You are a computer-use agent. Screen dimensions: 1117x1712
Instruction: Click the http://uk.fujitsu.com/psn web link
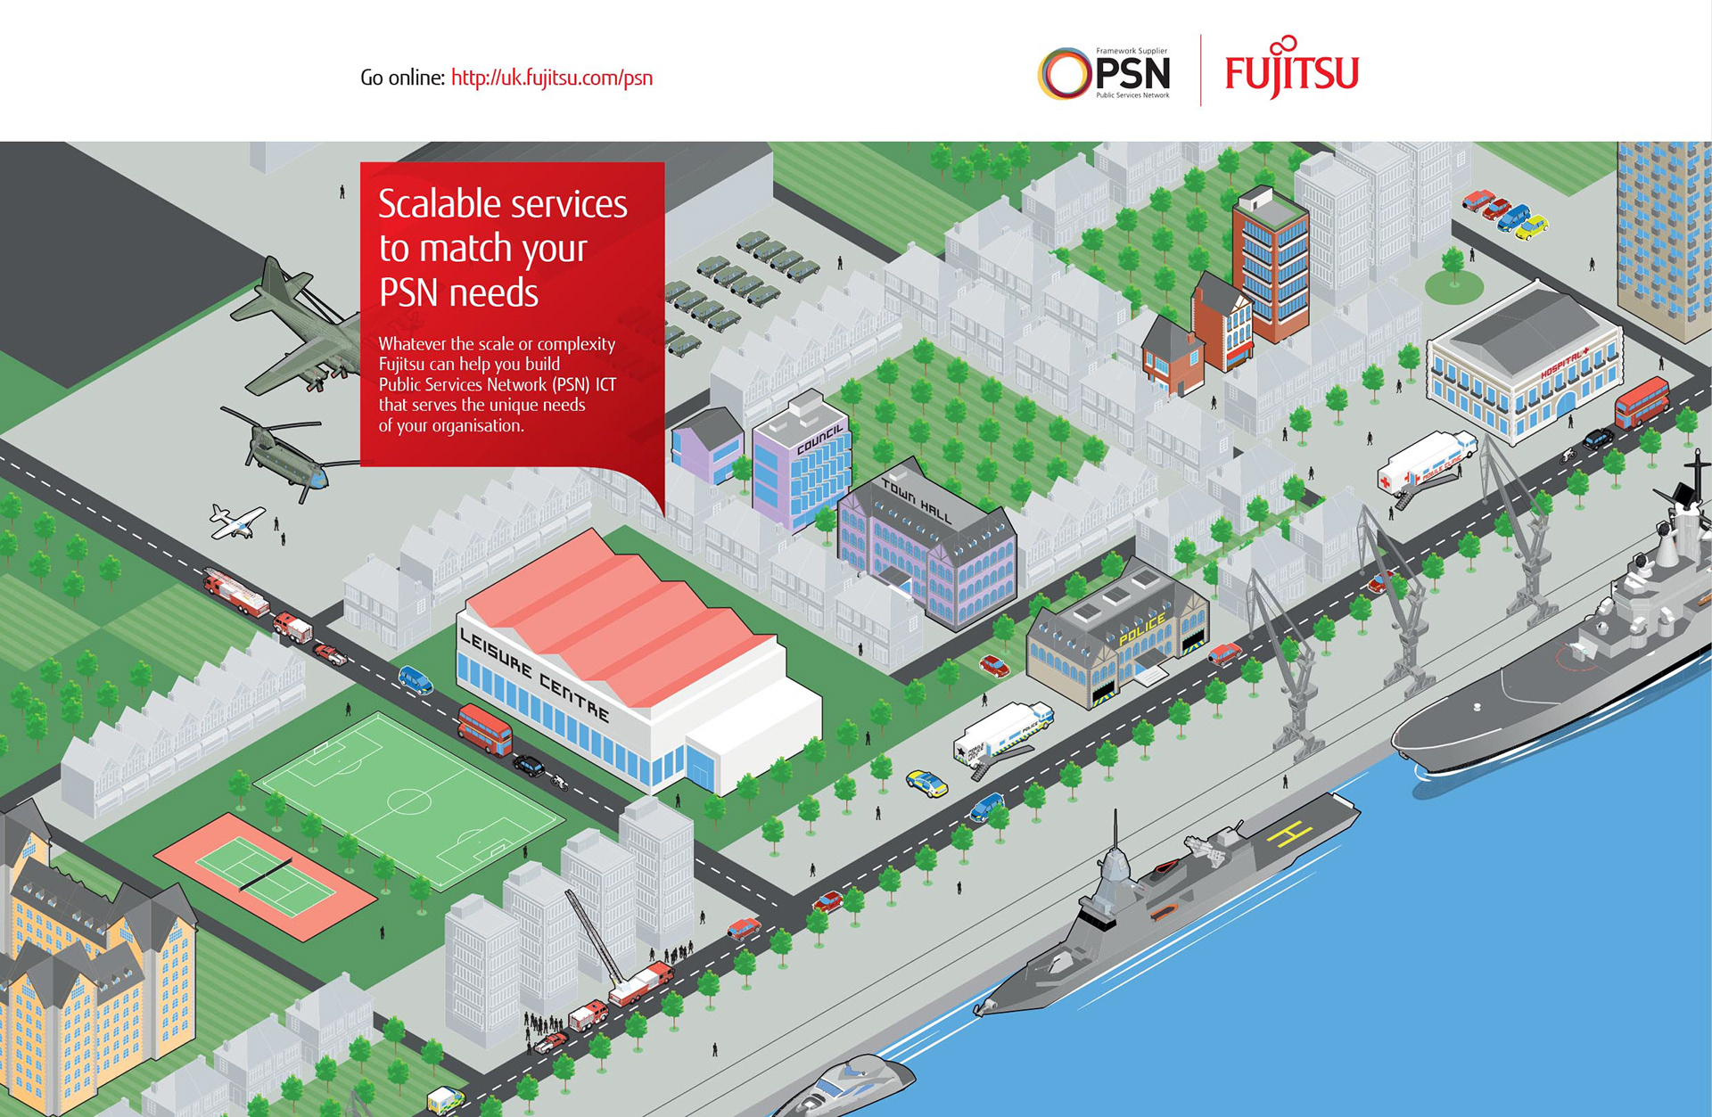(x=551, y=78)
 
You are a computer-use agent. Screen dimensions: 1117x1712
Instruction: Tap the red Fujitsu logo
(x=1291, y=71)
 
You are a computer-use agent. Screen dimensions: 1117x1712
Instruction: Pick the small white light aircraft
(x=236, y=522)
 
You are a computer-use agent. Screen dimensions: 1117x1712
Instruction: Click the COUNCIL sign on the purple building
(x=819, y=438)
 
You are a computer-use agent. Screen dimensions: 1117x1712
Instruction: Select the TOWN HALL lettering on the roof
(x=916, y=499)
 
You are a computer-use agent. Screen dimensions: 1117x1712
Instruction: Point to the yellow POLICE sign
(x=1141, y=629)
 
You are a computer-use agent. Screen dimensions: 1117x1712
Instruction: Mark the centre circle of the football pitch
(x=409, y=801)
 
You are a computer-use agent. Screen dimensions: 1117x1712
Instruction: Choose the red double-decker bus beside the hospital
(x=1641, y=402)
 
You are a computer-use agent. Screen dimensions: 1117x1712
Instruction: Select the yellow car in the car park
(x=1532, y=228)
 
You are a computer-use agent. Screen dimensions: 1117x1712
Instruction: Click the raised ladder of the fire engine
(x=593, y=936)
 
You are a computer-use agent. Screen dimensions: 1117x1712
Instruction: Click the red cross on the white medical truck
(x=1385, y=481)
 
